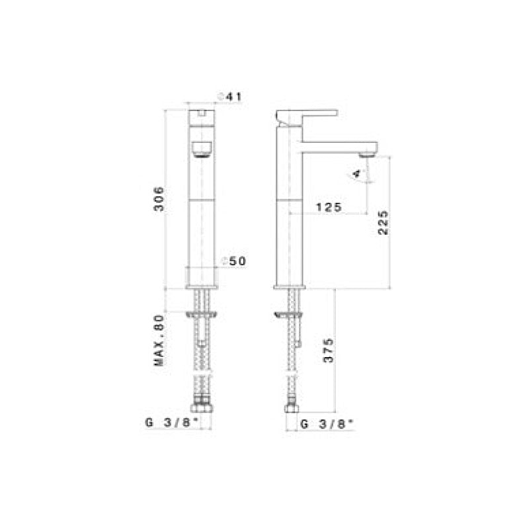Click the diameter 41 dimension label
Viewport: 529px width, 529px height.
click(231, 97)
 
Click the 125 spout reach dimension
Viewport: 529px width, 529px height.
click(328, 207)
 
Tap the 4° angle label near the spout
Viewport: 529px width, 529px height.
click(358, 174)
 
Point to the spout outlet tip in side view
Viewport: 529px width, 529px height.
click(366, 153)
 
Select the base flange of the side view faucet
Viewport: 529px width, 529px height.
click(290, 286)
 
